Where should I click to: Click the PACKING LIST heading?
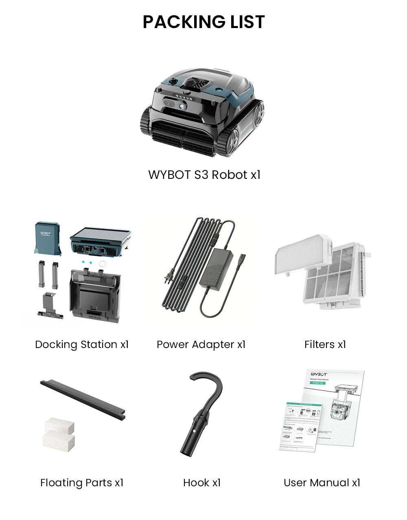(x=203, y=22)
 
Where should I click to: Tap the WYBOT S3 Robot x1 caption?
(x=204, y=175)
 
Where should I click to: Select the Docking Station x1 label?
(x=82, y=345)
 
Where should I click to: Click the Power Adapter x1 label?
(x=201, y=345)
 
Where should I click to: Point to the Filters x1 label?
(x=325, y=345)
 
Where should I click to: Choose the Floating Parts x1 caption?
(x=82, y=483)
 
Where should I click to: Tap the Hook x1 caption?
(x=202, y=483)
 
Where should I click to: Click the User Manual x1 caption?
(x=322, y=483)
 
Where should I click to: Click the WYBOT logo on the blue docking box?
(x=46, y=233)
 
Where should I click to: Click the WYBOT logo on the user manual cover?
(x=319, y=374)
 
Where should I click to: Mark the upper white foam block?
(x=59, y=425)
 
